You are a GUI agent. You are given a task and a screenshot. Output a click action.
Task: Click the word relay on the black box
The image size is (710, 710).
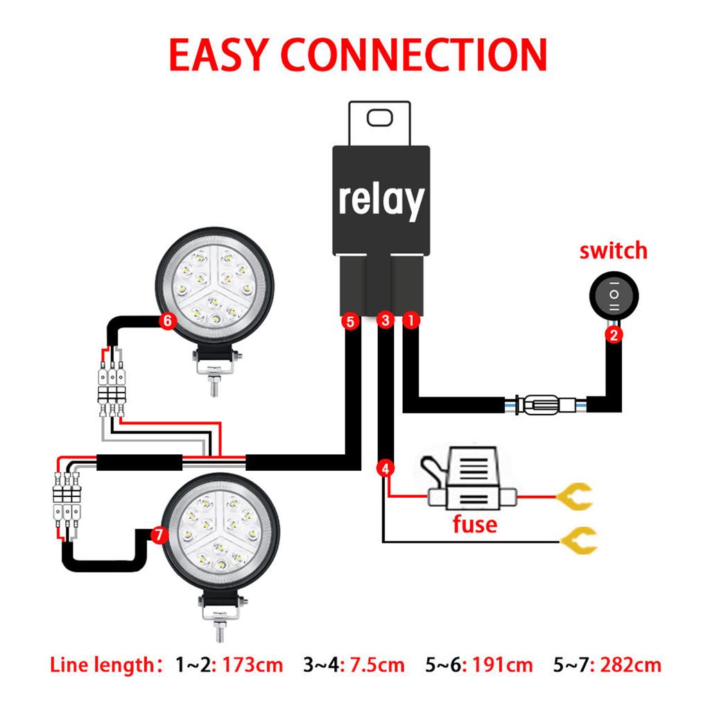tap(381, 200)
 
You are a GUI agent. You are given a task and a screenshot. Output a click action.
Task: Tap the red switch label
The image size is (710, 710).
tap(613, 250)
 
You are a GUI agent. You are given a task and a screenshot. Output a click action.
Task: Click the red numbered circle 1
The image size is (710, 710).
tap(410, 320)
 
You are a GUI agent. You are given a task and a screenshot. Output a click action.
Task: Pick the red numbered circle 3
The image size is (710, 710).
tap(384, 320)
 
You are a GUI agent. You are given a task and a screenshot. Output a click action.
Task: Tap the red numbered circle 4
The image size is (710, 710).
tap(386, 468)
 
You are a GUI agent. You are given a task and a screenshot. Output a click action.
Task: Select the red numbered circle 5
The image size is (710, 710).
tap(349, 321)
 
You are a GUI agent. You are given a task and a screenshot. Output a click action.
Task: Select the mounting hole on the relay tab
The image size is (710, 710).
tap(381, 118)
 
